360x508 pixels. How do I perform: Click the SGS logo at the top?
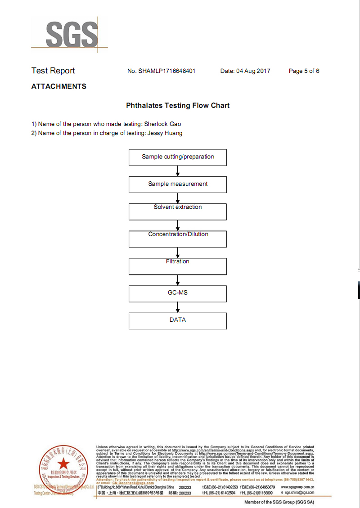pos(71,33)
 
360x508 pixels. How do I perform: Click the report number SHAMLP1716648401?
pos(167,71)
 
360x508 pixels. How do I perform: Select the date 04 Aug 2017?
pos(253,71)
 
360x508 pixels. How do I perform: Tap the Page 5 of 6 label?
pos(304,71)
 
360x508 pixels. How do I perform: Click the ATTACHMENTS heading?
pos(58,86)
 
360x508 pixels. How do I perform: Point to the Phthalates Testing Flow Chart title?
pos(178,106)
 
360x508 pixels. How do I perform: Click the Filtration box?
pos(178,266)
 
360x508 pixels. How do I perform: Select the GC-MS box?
pos(178,293)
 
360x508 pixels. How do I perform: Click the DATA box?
pos(178,320)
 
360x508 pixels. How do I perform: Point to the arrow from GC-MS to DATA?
pos(178,307)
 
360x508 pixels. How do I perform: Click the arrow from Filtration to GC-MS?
pos(178,280)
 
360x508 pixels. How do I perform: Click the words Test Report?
pos(53,71)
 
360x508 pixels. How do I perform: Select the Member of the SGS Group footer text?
pos(279,502)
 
